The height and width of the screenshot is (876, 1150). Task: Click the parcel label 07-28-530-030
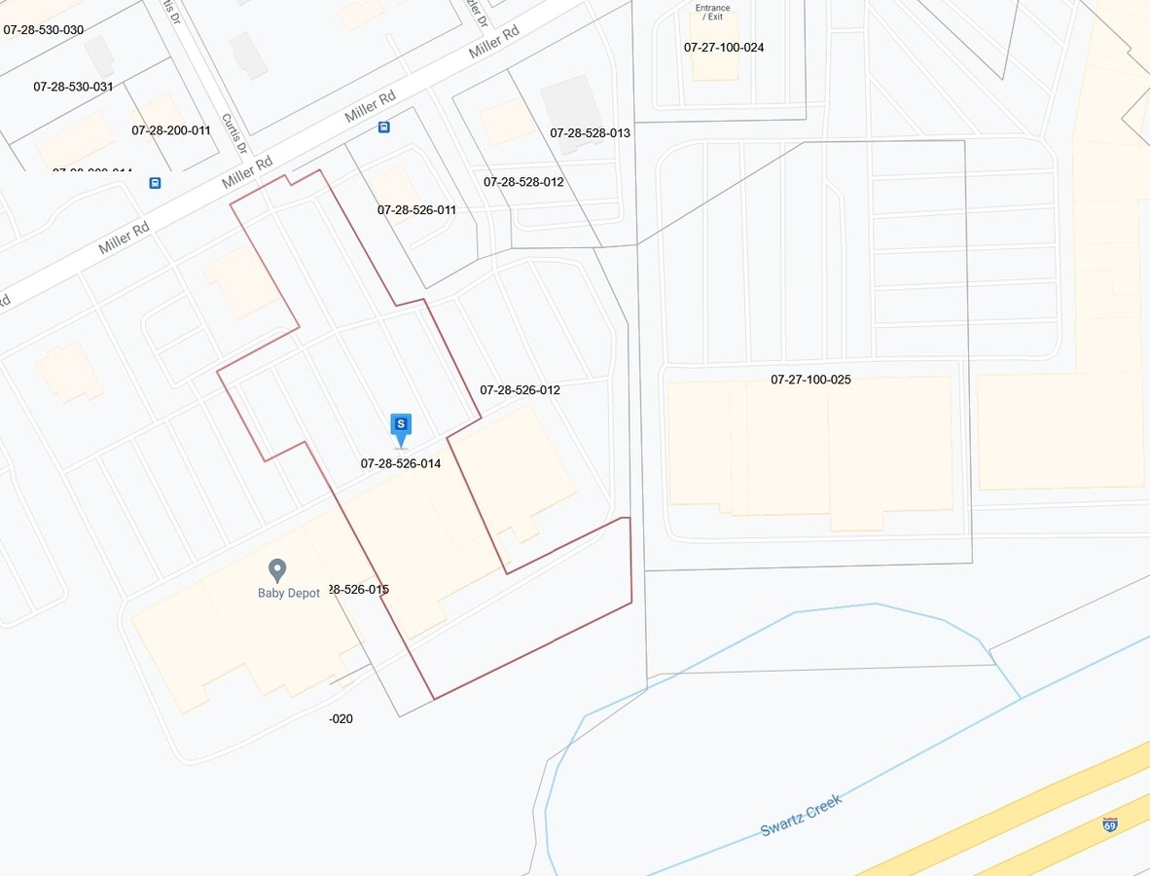(44, 30)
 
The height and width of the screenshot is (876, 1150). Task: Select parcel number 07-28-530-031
(73, 87)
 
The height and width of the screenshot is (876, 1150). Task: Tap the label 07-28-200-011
(171, 130)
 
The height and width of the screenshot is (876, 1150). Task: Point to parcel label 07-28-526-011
(416, 210)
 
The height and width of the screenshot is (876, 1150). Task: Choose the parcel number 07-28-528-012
(523, 182)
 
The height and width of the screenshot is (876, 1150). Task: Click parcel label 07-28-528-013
(590, 133)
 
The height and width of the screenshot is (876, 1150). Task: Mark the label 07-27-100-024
(724, 48)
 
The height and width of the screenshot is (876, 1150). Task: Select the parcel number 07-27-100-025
(810, 380)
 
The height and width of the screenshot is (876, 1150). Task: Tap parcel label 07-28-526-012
(520, 390)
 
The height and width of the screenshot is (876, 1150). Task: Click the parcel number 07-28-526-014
(401, 464)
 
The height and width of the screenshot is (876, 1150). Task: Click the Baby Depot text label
(289, 594)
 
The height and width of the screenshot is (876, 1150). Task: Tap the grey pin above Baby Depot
(277, 569)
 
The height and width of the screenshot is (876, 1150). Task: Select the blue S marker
(401, 425)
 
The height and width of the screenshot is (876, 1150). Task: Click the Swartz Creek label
(801, 815)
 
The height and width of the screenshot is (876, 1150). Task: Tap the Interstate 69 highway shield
(1110, 824)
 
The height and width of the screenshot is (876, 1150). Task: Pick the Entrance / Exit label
(713, 13)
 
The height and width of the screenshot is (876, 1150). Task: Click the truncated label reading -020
(341, 719)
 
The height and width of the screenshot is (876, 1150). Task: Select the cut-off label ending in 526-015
(359, 590)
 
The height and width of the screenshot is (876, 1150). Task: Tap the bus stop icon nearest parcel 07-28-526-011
(384, 128)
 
